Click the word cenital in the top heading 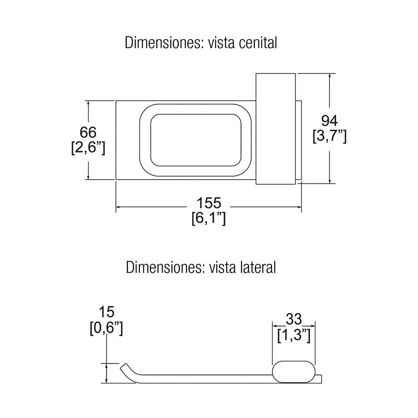[x=258, y=43]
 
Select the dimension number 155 [x=209, y=203]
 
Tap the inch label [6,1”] [x=209, y=218]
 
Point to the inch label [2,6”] [x=88, y=148]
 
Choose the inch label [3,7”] [x=329, y=137]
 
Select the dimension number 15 [x=106, y=312]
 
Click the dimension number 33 [x=294, y=319]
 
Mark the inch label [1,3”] [x=294, y=335]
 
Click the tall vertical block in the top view [x=276, y=129]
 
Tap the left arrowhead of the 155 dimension [x=118, y=207]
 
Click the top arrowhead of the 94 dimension [x=330, y=76]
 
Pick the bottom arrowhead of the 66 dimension [x=88, y=177]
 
